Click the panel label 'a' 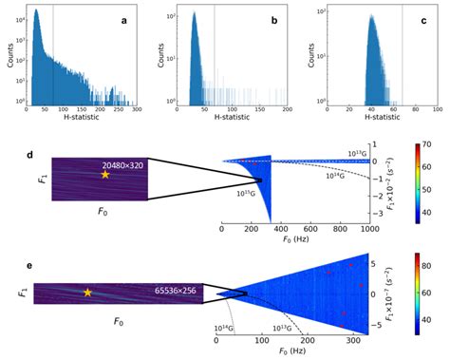[x=125, y=20]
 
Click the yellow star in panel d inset [x=105, y=175]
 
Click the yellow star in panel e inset [x=87, y=293]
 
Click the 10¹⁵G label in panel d [x=248, y=193]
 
